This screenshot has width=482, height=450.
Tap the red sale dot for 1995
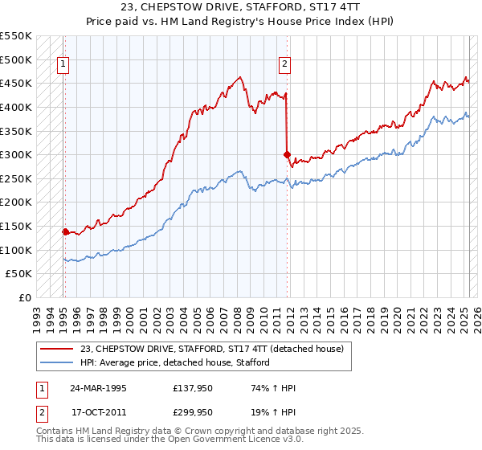pos(65,231)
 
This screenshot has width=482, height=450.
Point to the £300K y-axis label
pos(16,154)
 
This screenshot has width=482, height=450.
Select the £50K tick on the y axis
pos(19,273)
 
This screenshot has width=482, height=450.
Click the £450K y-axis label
pos(16,83)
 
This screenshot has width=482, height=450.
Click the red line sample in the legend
pos(56,349)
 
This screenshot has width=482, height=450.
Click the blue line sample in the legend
pos(56,362)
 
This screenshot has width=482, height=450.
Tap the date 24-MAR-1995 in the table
pos(99,388)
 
